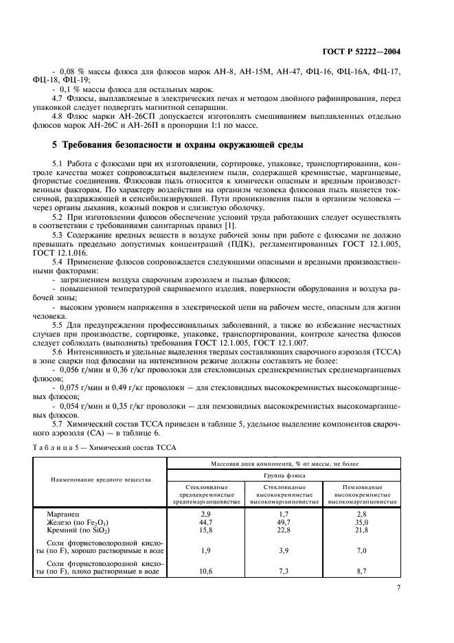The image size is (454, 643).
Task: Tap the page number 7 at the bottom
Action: pos(398,587)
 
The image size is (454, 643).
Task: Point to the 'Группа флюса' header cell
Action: pos(284,474)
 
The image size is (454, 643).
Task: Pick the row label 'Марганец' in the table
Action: pos(63,513)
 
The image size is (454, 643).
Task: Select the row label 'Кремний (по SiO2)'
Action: pos(78,530)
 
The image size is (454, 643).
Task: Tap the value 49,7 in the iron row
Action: pos(284,521)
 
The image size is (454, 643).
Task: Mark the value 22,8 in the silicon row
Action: pos(284,530)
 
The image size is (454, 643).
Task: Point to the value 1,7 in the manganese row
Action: pos(284,513)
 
